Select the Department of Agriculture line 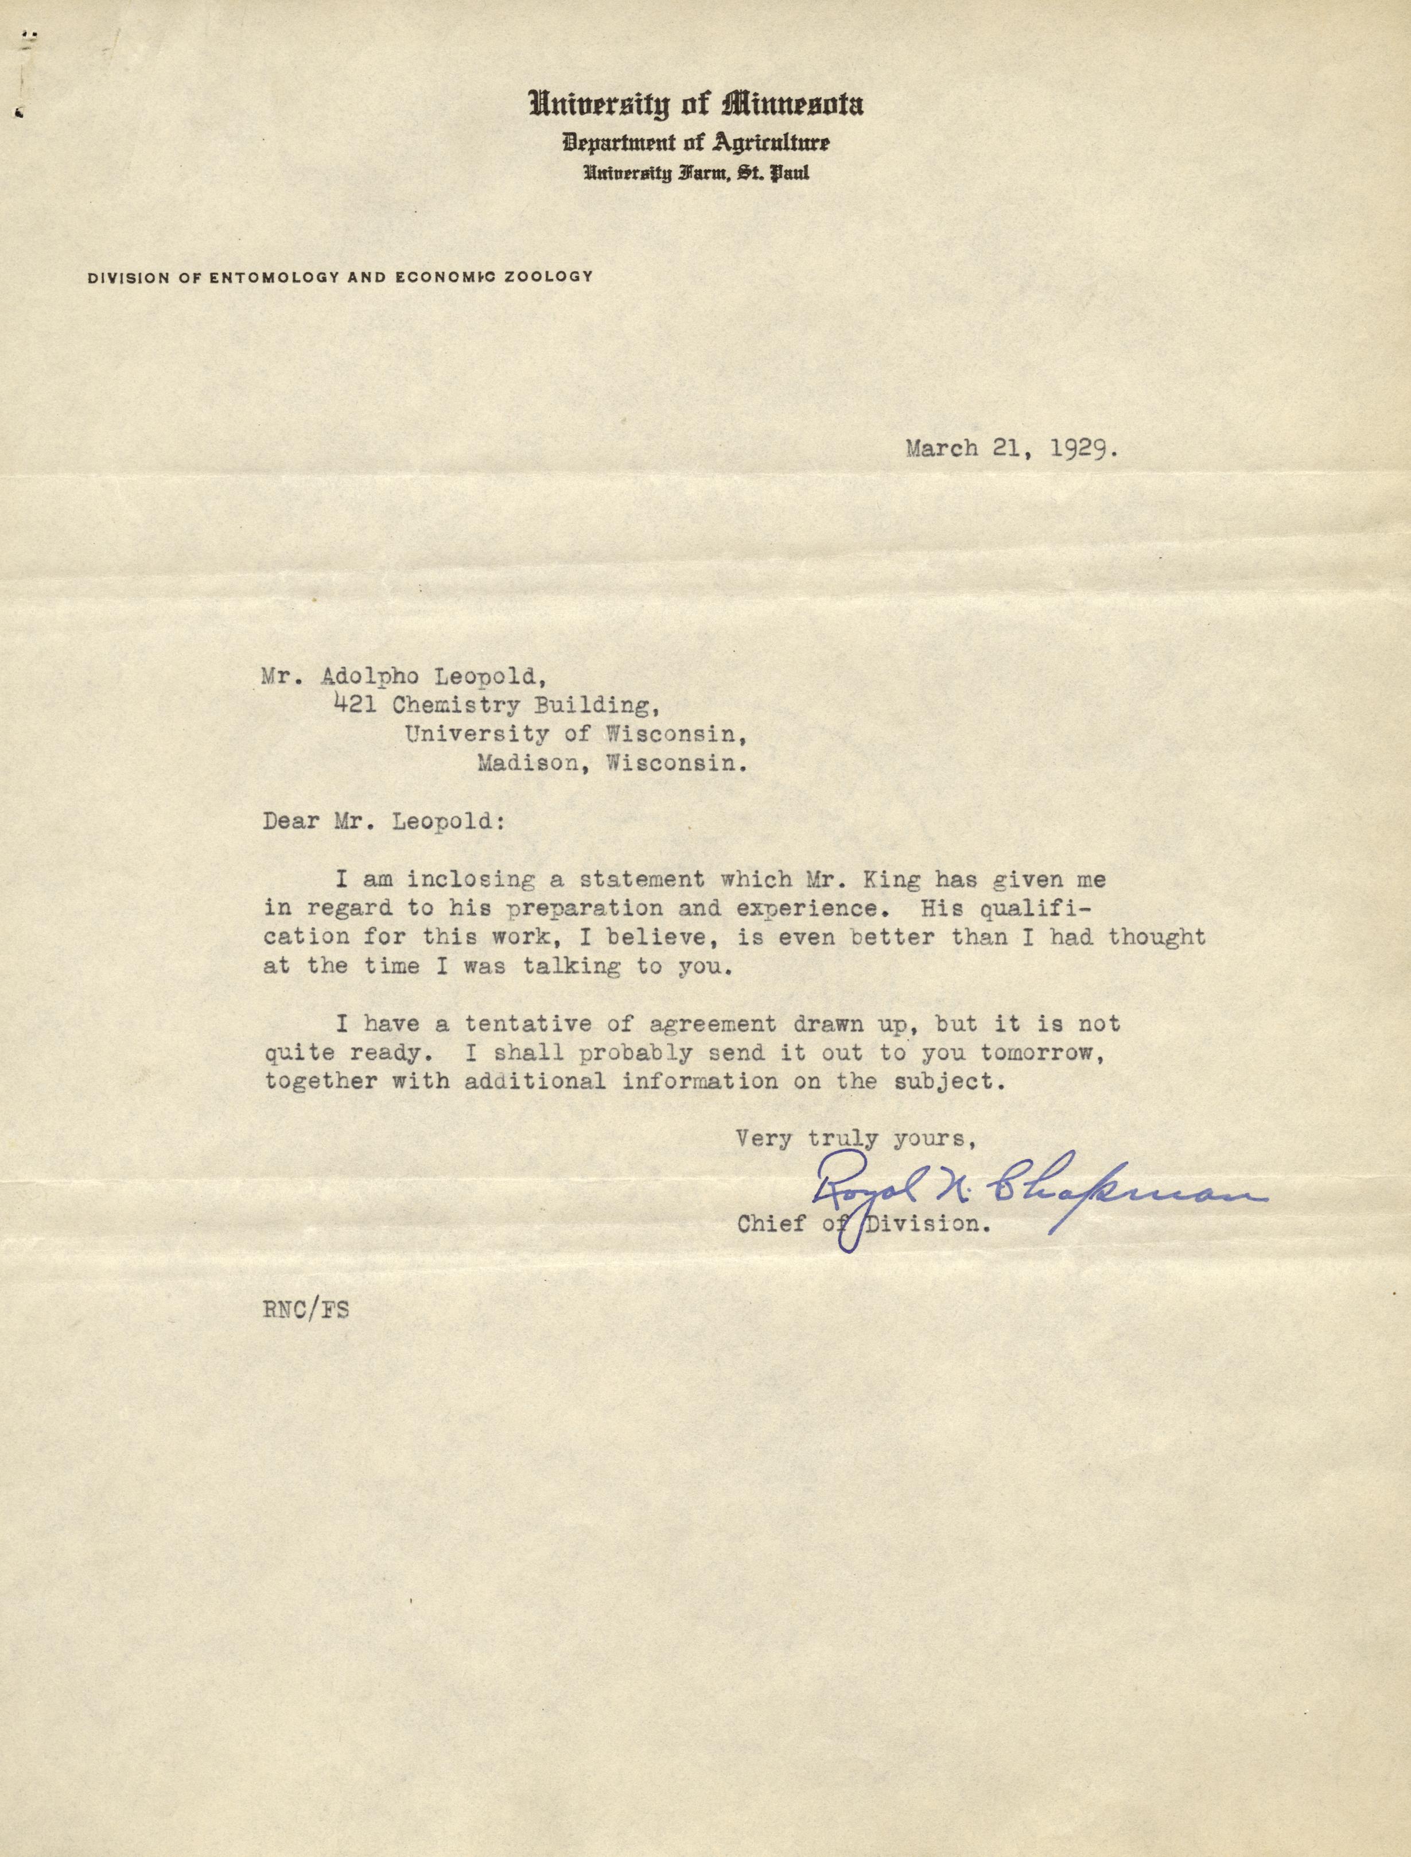click(697, 143)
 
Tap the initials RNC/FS click(305, 1310)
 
